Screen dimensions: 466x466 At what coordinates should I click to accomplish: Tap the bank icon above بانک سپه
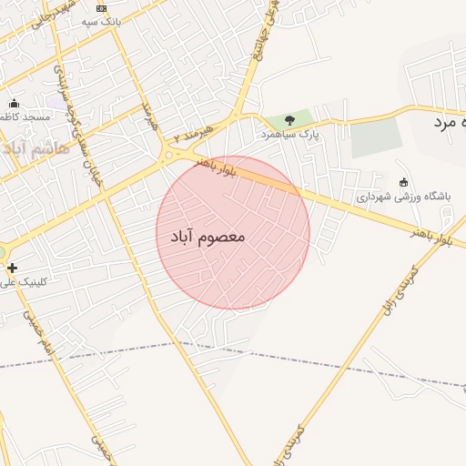pyautogui.click(x=101, y=7)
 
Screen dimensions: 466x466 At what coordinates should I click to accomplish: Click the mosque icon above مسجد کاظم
pyautogui.click(x=14, y=103)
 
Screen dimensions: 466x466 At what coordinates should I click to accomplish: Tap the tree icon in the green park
pyautogui.click(x=289, y=119)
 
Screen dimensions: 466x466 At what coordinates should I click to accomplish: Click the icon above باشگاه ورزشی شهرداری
pyautogui.click(x=404, y=182)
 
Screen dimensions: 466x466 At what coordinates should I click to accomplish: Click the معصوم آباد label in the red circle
pyautogui.click(x=208, y=237)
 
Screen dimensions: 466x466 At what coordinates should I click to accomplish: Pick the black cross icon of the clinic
pyautogui.click(x=12, y=268)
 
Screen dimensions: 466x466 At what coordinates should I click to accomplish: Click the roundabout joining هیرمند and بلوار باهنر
pyautogui.click(x=168, y=156)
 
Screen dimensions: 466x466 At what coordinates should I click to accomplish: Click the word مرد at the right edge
pyautogui.click(x=444, y=122)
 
